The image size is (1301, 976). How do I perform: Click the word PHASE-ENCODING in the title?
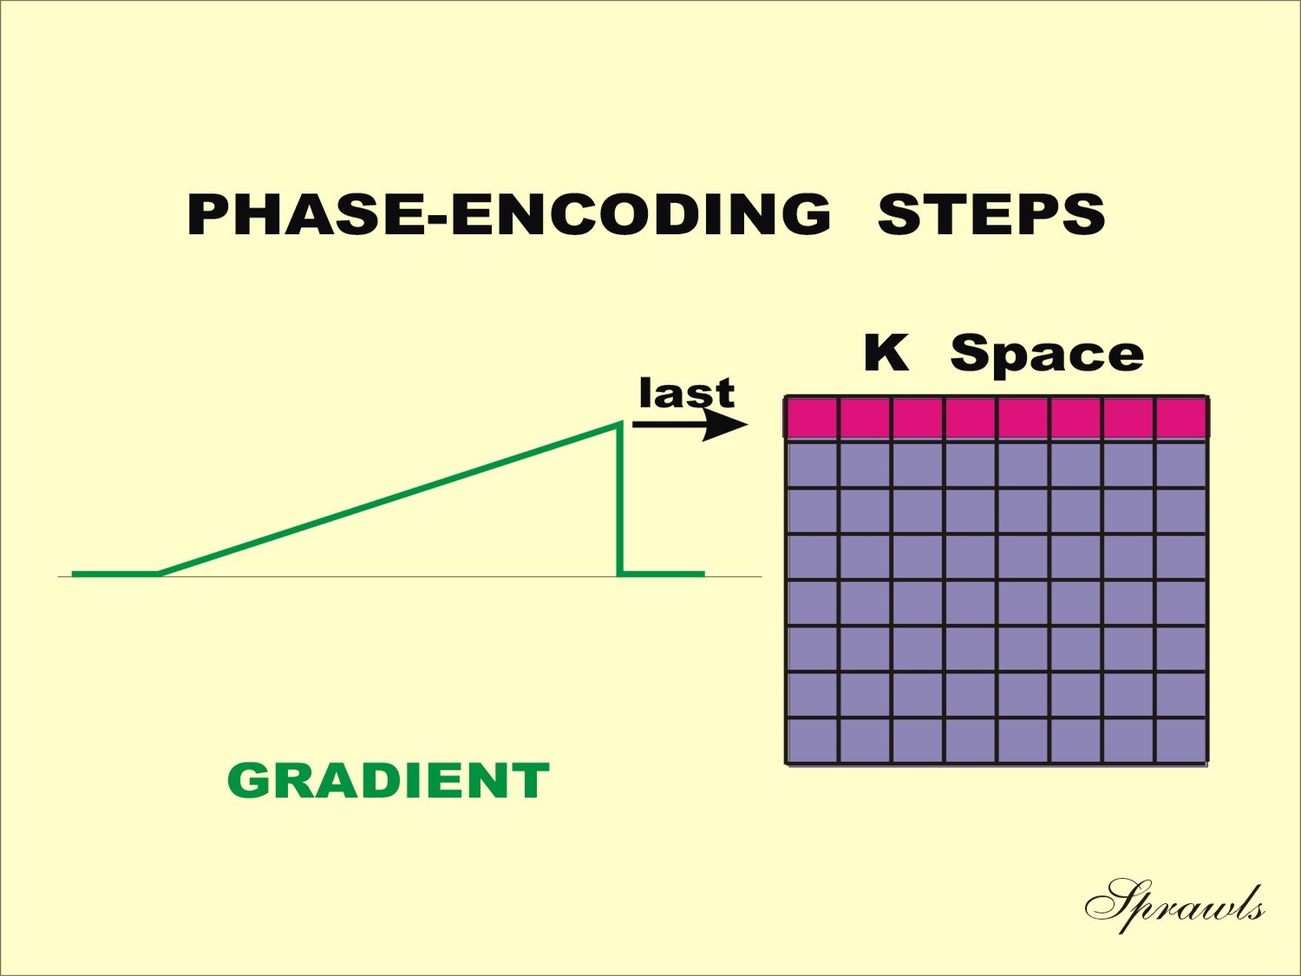pyautogui.click(x=508, y=214)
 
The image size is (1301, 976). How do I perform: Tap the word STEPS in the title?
pyautogui.click(x=991, y=214)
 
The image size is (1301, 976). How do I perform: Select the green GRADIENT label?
pyautogui.click(x=389, y=781)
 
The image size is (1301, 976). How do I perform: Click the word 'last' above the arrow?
pyautogui.click(x=687, y=393)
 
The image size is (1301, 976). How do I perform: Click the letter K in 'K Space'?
pyautogui.click(x=886, y=352)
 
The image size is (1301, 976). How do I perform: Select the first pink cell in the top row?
pyautogui.click(x=812, y=418)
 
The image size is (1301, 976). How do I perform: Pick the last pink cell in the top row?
pyautogui.click(x=1181, y=418)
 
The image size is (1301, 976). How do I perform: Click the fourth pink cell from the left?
pyautogui.click(x=971, y=418)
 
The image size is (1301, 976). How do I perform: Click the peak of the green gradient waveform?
pyautogui.click(x=619, y=423)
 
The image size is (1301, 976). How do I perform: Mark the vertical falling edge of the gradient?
pyautogui.click(x=620, y=499)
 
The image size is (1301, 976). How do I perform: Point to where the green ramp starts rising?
pyautogui.click(x=159, y=573)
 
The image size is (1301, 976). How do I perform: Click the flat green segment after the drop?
pyautogui.click(x=663, y=573)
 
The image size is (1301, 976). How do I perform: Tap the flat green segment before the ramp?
pyautogui.click(x=115, y=573)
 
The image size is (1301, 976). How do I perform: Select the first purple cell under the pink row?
pyautogui.click(x=812, y=465)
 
